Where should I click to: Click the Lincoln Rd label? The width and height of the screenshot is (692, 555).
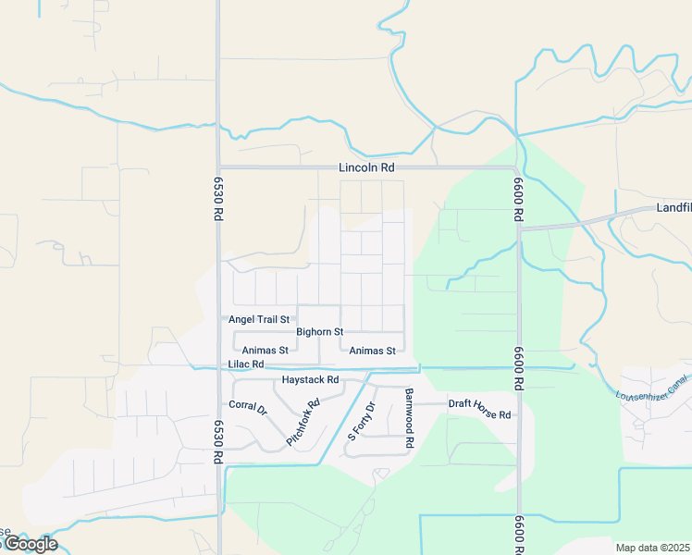367,167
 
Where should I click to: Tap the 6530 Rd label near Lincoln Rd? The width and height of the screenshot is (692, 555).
219,198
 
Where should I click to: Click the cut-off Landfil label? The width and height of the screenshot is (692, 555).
673,208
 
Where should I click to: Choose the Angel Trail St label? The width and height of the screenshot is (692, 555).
259,319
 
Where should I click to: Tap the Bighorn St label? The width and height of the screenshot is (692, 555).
319,331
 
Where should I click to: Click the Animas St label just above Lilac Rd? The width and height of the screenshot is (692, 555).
266,351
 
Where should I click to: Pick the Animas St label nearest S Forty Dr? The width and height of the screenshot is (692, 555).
373,351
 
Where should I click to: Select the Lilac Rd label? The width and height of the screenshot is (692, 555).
246,365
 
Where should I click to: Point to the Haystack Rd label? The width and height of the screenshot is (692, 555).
310,380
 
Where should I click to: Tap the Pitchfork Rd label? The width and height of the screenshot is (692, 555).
303,423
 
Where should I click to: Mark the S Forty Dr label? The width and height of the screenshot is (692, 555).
362,420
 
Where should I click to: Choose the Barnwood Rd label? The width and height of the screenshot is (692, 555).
408,419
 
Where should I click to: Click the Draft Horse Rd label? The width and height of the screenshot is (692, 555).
479,415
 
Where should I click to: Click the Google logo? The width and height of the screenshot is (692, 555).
30,544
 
